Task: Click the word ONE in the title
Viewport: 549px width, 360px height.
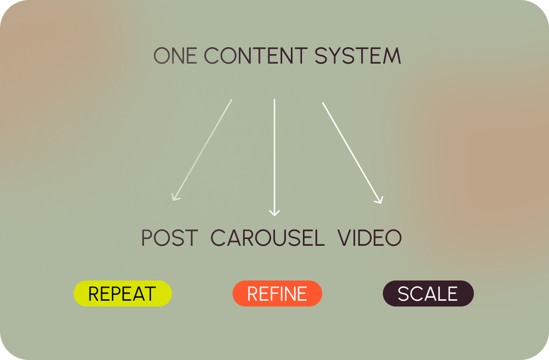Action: click(x=175, y=56)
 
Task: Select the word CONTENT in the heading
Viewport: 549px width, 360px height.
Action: click(x=256, y=56)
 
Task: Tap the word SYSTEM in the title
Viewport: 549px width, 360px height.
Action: click(x=358, y=56)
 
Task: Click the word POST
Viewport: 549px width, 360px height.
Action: click(x=170, y=238)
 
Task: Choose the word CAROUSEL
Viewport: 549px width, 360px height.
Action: click(x=267, y=238)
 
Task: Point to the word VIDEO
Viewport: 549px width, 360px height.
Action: click(x=370, y=238)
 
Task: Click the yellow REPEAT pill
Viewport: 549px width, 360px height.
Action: click(x=122, y=293)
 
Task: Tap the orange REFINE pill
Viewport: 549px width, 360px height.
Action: click(x=277, y=293)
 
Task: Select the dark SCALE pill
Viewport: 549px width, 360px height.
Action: click(x=428, y=293)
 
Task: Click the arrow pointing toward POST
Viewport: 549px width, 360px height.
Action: click(x=202, y=150)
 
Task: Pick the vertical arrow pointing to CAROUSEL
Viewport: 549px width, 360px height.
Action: click(x=274, y=158)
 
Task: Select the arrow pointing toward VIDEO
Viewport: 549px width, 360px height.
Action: click(x=353, y=153)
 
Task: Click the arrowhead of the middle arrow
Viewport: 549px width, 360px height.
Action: click(x=274, y=213)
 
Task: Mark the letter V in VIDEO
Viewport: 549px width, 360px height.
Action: click(x=344, y=238)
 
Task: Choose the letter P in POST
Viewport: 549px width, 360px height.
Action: click(x=147, y=238)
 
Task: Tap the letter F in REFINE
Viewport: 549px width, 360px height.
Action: click(x=273, y=294)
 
